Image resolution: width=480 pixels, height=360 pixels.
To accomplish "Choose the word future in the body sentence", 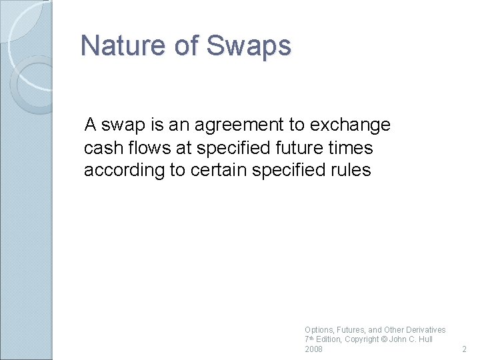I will point(311,147).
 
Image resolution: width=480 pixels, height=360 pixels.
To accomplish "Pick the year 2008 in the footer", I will point(313,349).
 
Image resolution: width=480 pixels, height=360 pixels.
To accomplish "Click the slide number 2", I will point(465,349).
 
